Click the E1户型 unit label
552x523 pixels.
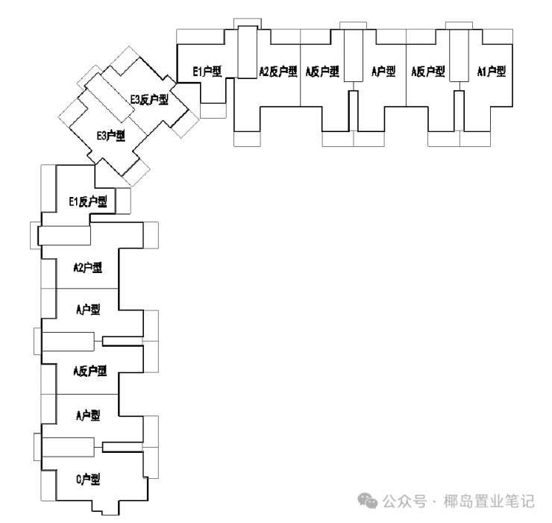coord(207,72)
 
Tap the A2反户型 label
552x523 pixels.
coord(278,72)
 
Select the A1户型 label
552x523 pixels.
coord(492,72)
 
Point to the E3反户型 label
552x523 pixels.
coord(149,100)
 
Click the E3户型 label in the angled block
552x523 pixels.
coord(111,135)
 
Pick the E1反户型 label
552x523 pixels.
coord(88,201)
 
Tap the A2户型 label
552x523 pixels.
coord(88,268)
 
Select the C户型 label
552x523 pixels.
coord(88,479)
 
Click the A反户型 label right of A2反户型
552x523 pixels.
coord(322,72)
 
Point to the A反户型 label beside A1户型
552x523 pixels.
coord(428,72)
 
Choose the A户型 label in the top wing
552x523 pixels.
coord(383,72)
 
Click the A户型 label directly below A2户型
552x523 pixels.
coord(88,310)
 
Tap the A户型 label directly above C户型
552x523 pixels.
coord(88,416)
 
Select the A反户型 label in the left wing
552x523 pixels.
coord(90,371)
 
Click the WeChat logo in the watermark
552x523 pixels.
coord(368,501)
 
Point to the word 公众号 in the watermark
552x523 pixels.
coord(404,501)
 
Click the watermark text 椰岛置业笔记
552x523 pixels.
coord(489,501)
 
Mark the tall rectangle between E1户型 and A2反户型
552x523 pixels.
coord(248,51)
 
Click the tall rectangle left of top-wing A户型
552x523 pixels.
coord(353,56)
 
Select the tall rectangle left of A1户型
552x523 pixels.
coord(459,56)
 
